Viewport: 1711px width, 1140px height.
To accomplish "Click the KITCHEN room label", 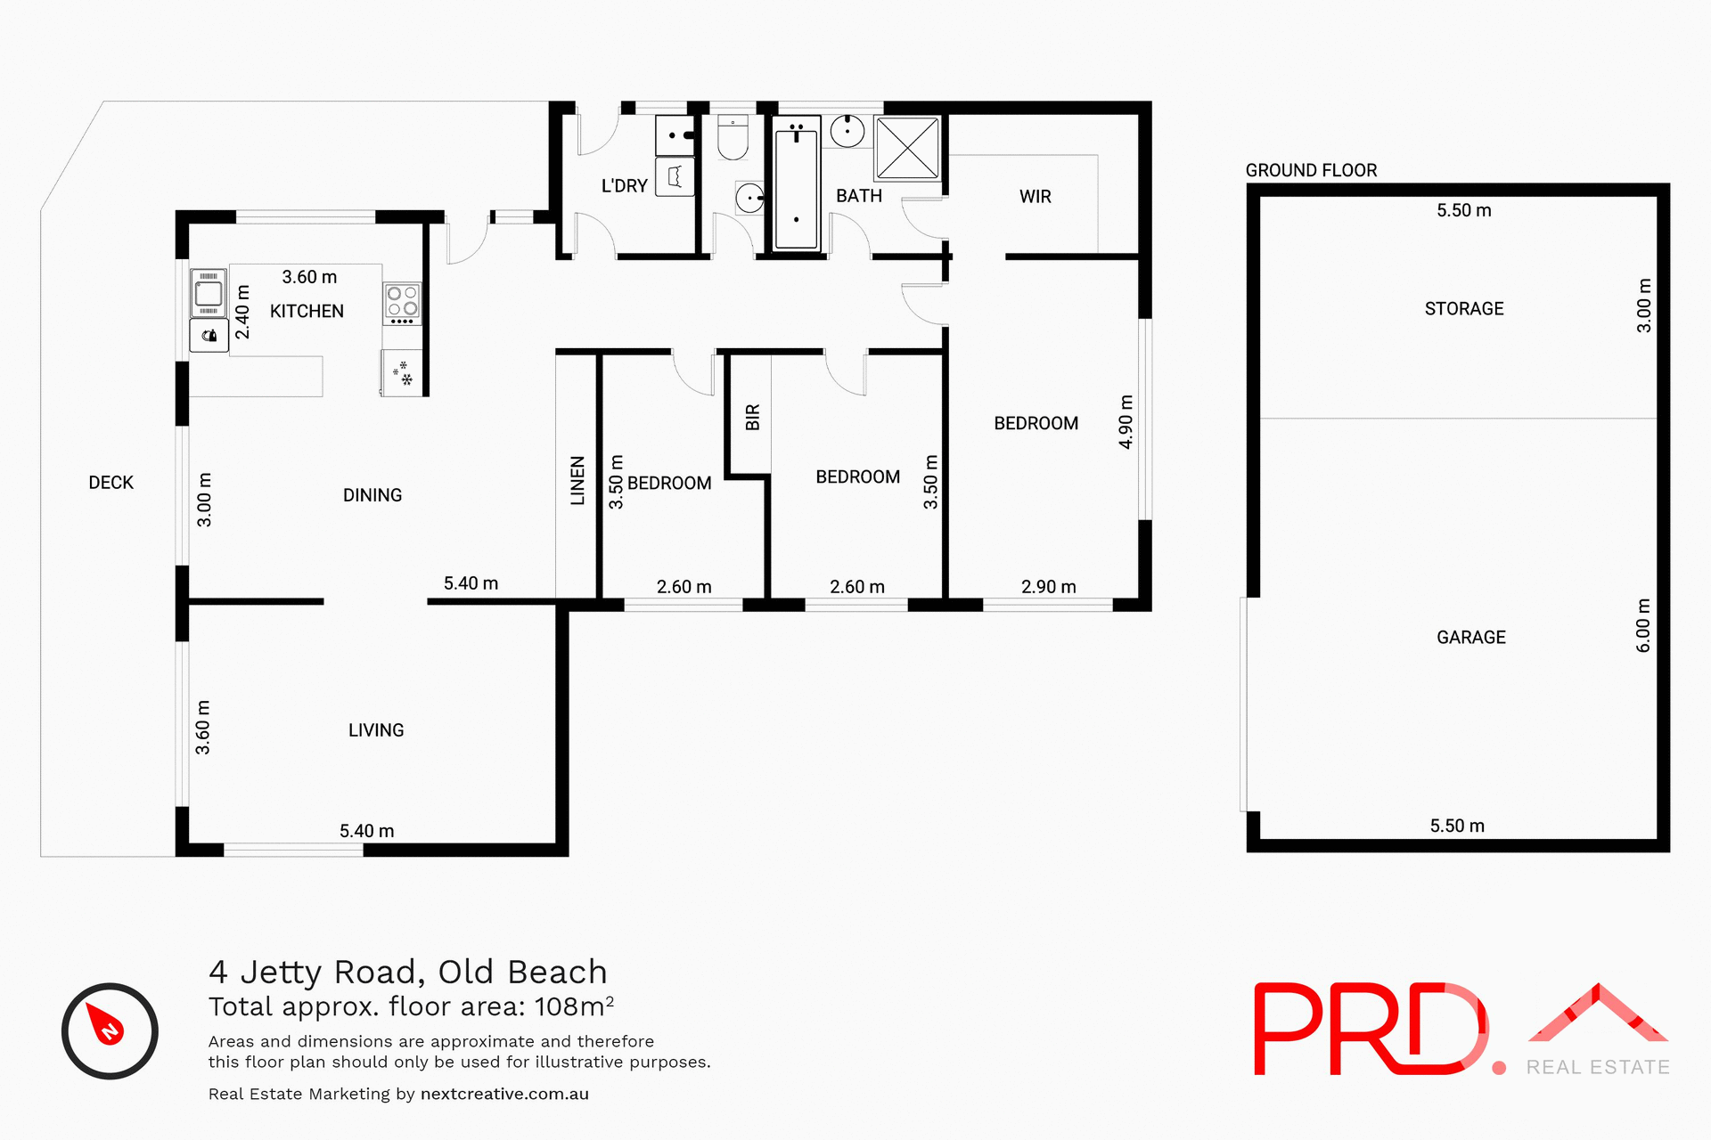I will coord(307,311).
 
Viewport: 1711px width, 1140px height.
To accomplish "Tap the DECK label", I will coord(111,483).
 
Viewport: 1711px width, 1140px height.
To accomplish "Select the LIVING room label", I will coord(375,730).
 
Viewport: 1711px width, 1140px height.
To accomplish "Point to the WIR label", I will coord(1035,197).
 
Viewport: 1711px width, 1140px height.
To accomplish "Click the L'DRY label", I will coord(624,186).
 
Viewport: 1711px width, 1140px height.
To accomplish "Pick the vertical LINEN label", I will coord(577,481).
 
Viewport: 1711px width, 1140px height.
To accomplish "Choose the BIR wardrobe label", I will coord(752,417).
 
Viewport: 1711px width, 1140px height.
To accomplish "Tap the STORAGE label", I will coord(1463,309).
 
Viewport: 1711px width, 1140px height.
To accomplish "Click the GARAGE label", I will coord(1470,638).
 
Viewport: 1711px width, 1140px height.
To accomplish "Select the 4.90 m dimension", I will coord(1126,422).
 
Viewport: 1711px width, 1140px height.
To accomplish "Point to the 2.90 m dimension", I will coord(1048,587).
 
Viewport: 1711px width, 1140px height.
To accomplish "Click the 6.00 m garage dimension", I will coord(1643,625).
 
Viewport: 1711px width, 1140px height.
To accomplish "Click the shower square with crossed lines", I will coord(907,148).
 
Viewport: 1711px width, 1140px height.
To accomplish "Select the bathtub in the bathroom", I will coord(796,186).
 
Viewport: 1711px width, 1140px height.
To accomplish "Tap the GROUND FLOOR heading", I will coord(1311,170).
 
